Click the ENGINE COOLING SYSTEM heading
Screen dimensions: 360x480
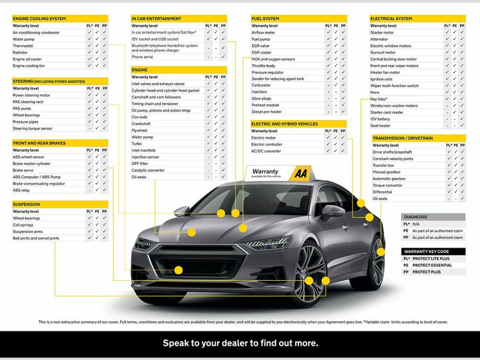point(39,19)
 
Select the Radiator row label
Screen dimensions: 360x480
point(20,52)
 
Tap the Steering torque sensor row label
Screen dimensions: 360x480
point(33,128)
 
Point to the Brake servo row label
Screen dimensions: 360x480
point(23,170)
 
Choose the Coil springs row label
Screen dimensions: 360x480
point(22,225)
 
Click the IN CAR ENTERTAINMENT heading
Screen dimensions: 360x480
point(156,19)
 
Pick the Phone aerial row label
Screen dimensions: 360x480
point(142,57)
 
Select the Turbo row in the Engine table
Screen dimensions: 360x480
point(136,144)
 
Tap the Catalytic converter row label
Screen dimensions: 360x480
point(148,170)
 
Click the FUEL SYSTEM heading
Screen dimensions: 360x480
point(265,19)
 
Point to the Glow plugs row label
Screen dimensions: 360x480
point(262,99)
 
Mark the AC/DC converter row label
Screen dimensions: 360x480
point(266,151)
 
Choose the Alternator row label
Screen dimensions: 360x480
point(379,39)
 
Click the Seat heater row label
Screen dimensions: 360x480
point(380,126)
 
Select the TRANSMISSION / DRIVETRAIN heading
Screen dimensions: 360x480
point(403,138)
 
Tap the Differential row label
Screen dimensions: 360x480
point(382,192)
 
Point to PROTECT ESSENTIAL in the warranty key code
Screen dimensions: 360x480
point(432,265)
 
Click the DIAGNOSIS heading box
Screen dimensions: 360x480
point(433,217)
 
